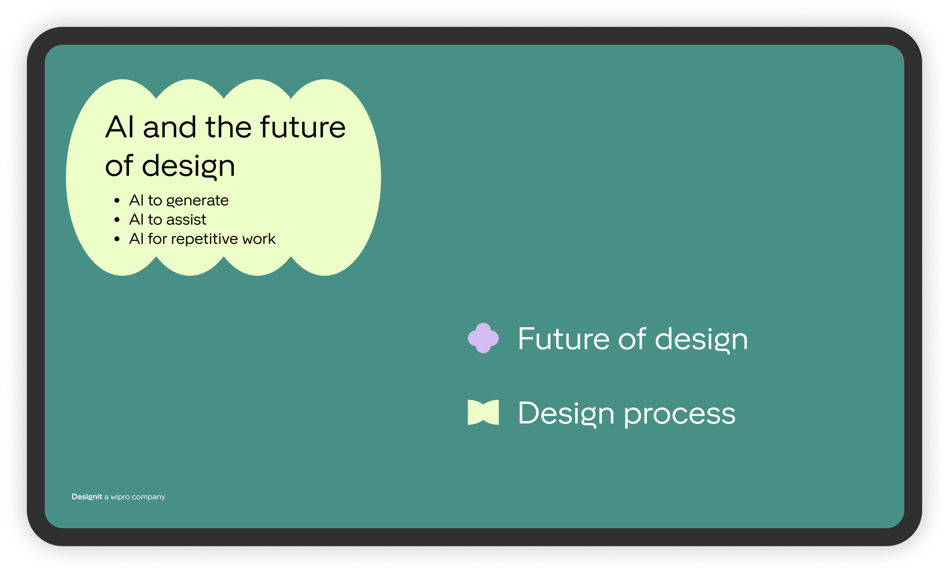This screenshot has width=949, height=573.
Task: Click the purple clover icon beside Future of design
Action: tap(483, 338)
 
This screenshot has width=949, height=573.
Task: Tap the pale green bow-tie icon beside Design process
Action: tap(483, 412)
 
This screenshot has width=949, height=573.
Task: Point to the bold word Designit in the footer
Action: tap(87, 496)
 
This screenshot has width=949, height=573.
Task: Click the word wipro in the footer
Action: tap(120, 497)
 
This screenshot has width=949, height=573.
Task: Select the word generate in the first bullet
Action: tap(197, 201)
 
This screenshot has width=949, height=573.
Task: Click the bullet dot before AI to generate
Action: tap(117, 201)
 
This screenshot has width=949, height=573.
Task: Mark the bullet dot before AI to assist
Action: tap(117, 220)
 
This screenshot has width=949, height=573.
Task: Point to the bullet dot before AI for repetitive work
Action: tap(117, 239)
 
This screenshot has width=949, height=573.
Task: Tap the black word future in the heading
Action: tap(303, 127)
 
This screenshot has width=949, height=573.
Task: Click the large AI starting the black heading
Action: tap(120, 127)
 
